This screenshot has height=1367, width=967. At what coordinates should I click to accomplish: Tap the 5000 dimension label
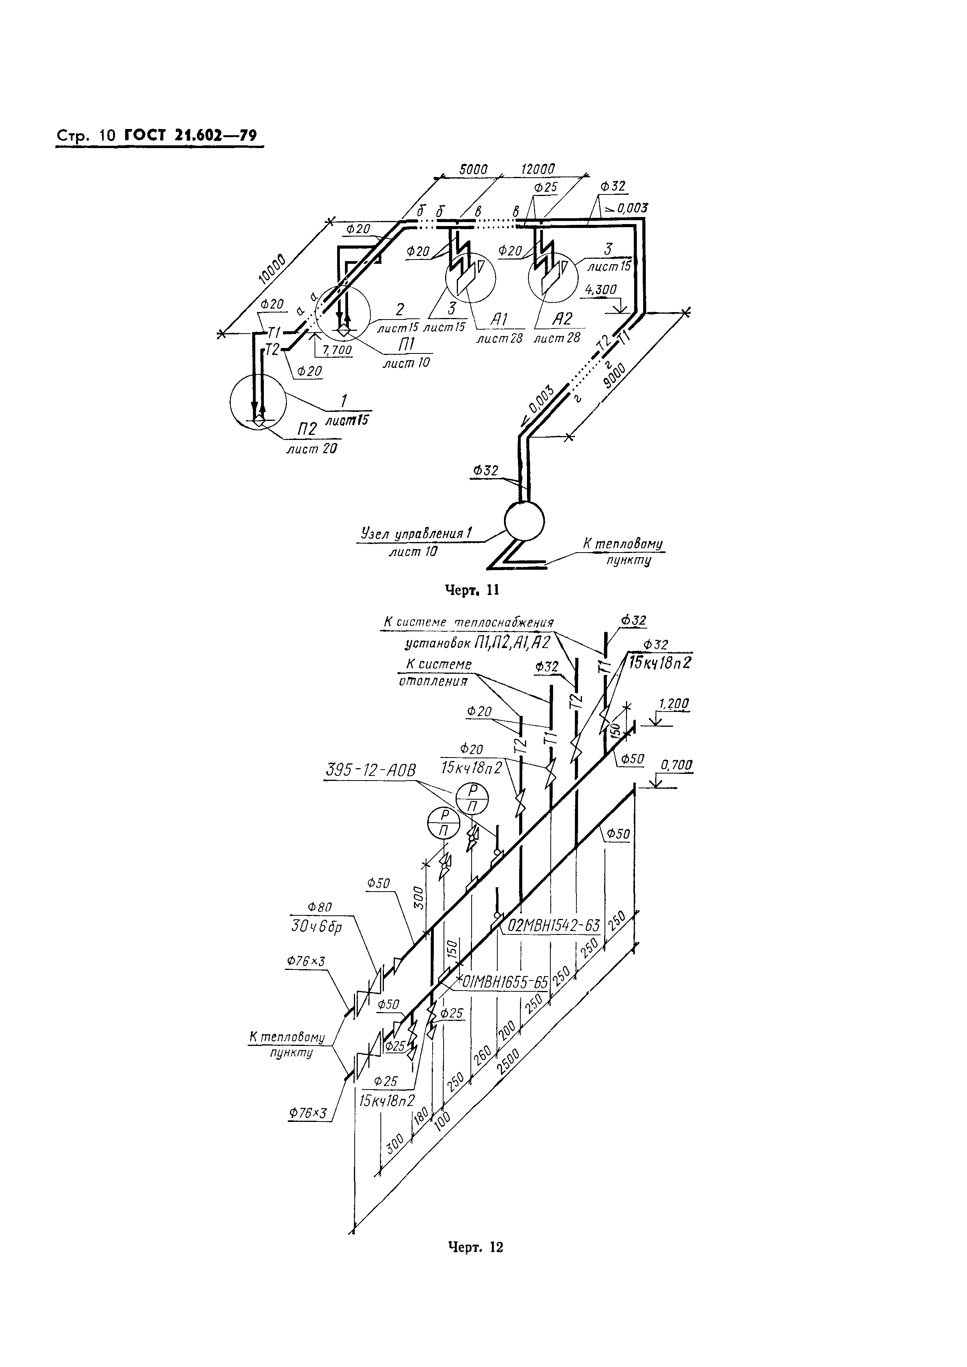click(x=474, y=169)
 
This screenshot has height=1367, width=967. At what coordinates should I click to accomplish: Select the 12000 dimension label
click(x=538, y=169)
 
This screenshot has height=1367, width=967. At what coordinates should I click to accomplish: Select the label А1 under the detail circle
click(x=499, y=320)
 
